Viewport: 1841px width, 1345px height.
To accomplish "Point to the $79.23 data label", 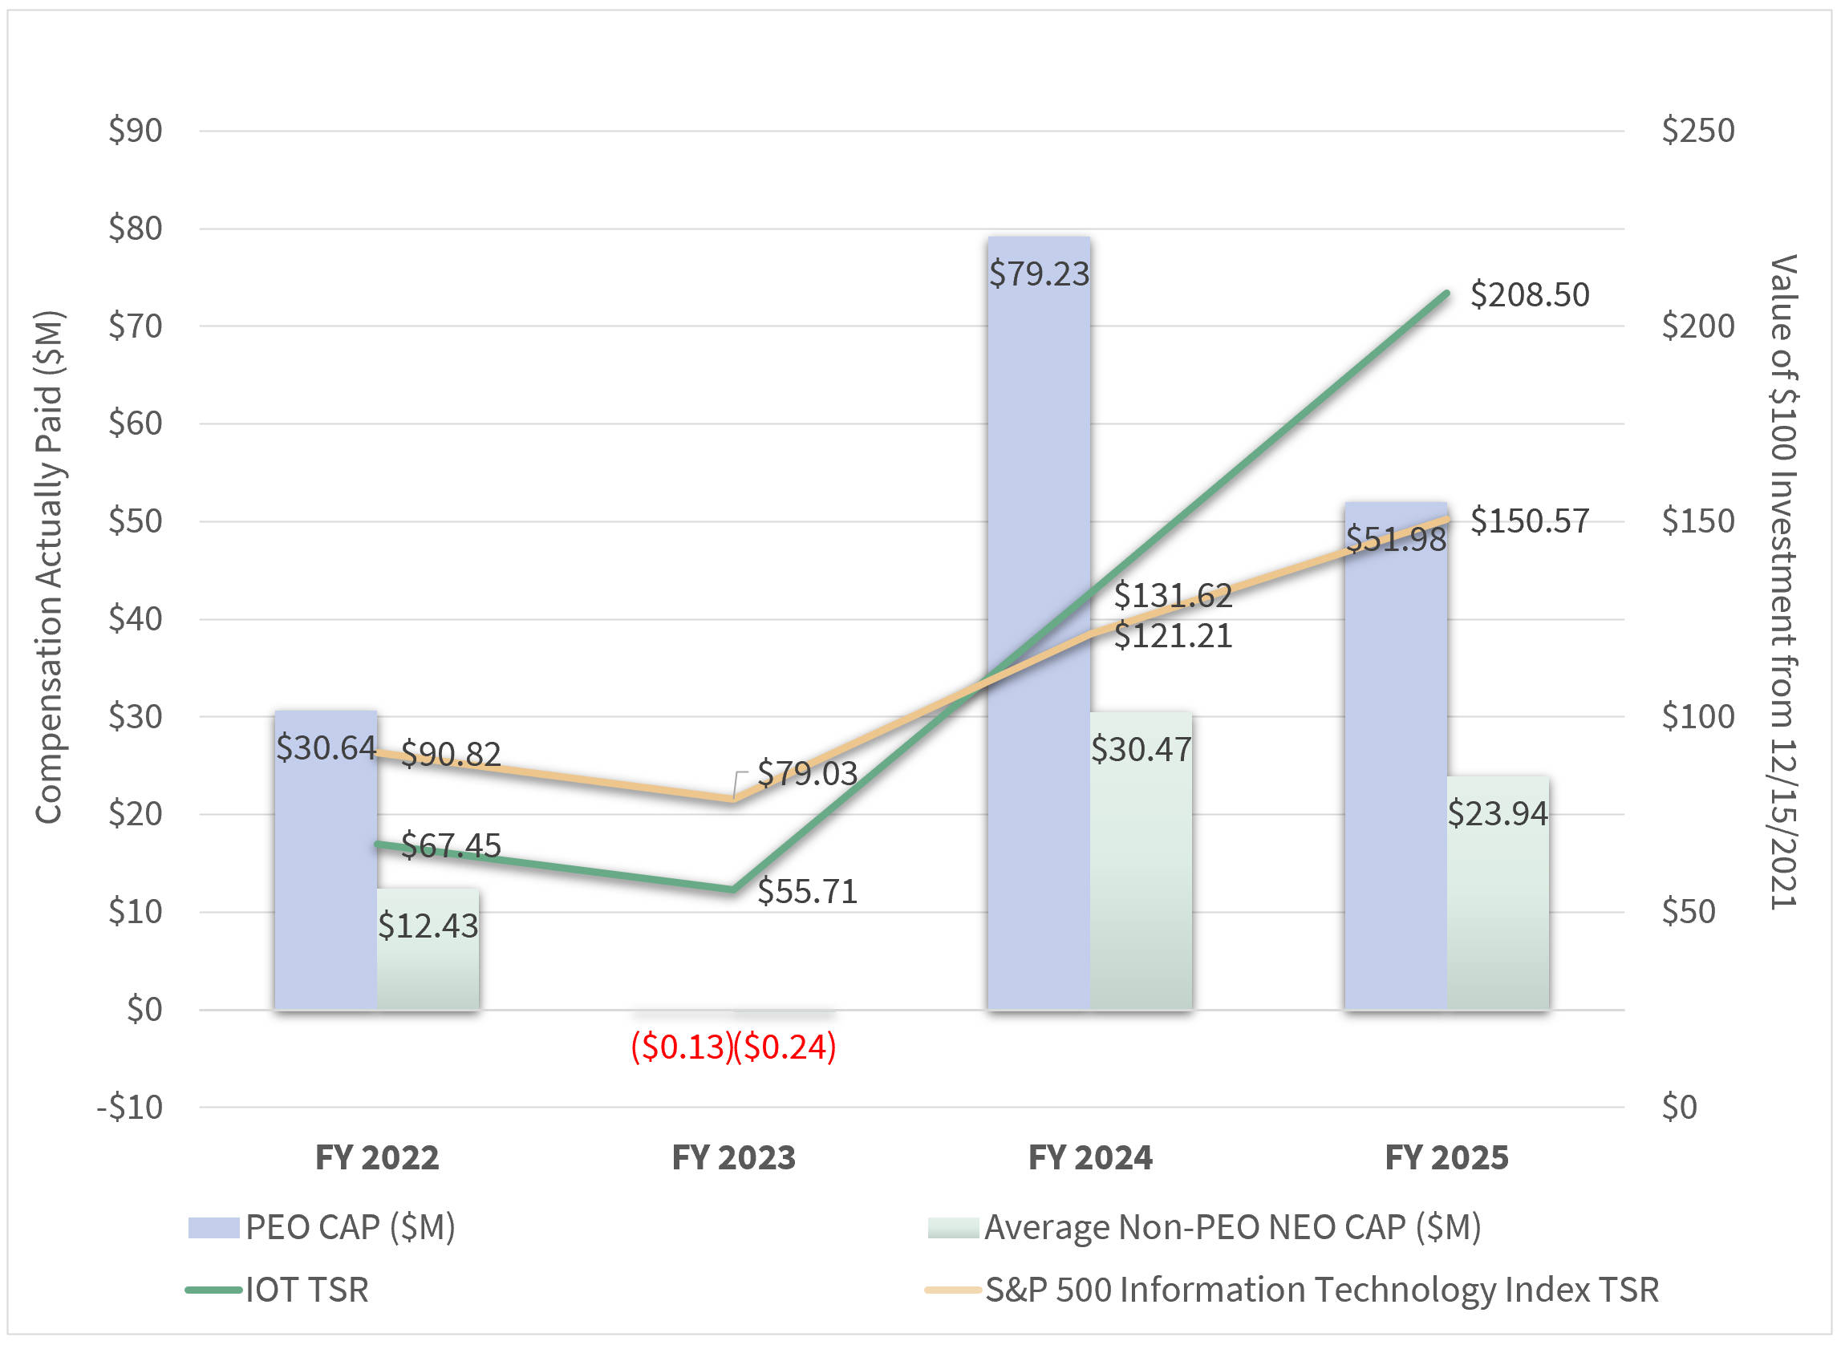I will click(x=1038, y=273).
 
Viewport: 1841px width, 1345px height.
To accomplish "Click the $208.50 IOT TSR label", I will click(x=1529, y=294).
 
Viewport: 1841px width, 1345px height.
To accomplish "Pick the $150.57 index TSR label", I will click(x=1529, y=521).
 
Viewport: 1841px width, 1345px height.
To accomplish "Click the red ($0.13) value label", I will click(x=683, y=1047).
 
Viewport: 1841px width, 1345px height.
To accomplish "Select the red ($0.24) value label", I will click(x=785, y=1047).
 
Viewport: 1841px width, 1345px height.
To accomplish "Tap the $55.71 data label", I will click(x=807, y=892).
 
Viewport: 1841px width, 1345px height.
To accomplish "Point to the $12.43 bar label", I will click(x=428, y=926).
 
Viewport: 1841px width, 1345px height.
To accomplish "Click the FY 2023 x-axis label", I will click(x=733, y=1157).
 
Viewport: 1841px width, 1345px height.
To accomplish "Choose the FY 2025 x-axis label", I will click(x=1446, y=1157).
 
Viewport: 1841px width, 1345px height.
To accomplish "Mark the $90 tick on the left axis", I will click(x=135, y=130).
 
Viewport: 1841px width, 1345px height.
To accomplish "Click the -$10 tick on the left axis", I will click(x=130, y=1108).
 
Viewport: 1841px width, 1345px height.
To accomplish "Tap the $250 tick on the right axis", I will click(x=1697, y=130).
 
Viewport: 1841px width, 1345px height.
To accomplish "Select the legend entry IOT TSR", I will click(x=306, y=1290).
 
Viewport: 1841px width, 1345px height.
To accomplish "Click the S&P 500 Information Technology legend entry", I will click(x=1320, y=1290).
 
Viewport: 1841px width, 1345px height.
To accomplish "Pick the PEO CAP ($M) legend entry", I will click(x=350, y=1227).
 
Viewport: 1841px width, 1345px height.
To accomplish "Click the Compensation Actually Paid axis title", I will click(x=49, y=568).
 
